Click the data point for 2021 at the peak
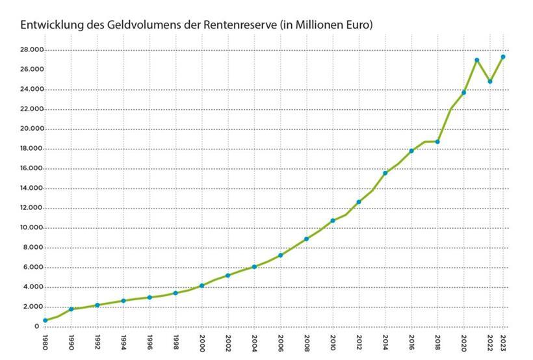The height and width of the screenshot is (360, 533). click(x=476, y=60)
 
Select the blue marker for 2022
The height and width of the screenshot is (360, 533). click(x=490, y=81)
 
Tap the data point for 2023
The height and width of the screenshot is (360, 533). click(x=503, y=57)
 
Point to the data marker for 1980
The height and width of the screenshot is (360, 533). click(x=45, y=320)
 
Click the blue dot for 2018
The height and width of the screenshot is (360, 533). click(x=437, y=142)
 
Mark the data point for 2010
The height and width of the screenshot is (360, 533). click(x=333, y=221)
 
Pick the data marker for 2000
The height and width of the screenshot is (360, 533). click(x=202, y=285)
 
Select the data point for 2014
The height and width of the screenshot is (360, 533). click(x=385, y=173)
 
